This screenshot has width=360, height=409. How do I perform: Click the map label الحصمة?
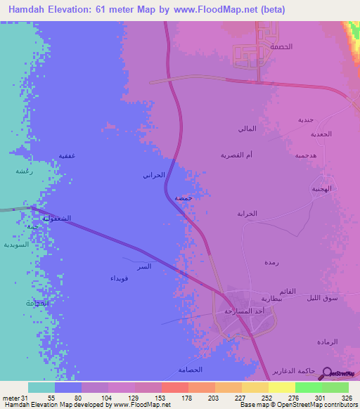click(281, 46)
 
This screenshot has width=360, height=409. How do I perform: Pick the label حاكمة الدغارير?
click(295, 371)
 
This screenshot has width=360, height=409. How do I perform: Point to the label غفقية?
click(67, 155)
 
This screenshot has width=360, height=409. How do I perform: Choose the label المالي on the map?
click(247, 128)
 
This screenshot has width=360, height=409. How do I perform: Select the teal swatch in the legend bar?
click(41, 387)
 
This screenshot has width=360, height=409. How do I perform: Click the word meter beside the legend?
click(11, 398)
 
